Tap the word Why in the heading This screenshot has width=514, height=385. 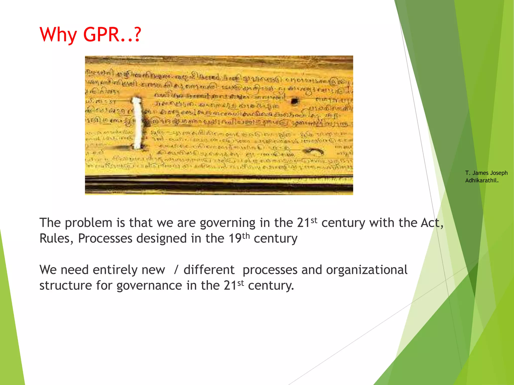tap(58, 35)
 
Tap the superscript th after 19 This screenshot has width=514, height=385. tap(246, 236)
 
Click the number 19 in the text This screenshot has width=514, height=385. tap(235, 238)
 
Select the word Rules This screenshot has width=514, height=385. tap(55, 238)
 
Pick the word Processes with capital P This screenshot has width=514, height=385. tap(105, 238)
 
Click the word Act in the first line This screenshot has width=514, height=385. tap(430, 223)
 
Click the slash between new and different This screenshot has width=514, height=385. tap(176, 270)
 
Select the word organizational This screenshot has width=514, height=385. tap(366, 270)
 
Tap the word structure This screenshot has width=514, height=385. tap(66, 285)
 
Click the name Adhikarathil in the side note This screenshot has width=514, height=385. tap(481, 180)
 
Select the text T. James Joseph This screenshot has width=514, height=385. tap(486, 173)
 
